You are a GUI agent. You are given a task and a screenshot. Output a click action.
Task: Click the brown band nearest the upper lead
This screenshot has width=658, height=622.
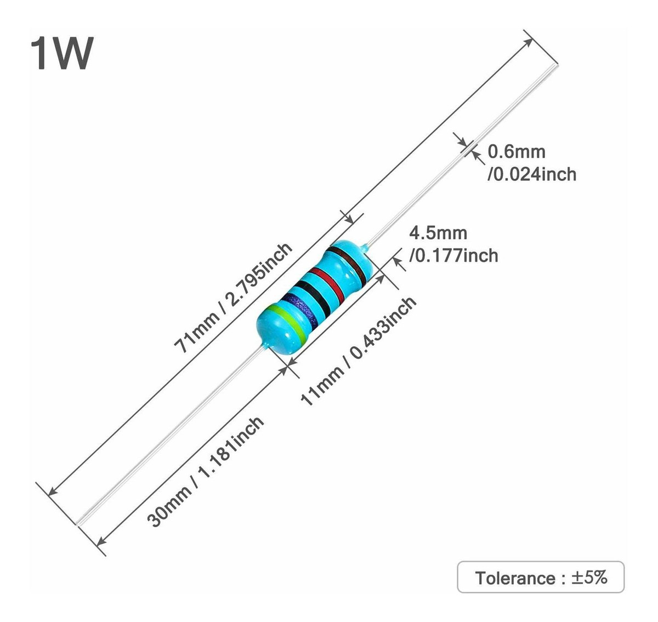tap(349, 262)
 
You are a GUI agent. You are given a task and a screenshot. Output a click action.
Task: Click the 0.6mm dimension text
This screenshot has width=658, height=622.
tap(517, 151)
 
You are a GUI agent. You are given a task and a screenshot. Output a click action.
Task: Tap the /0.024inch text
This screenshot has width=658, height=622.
tap(531, 174)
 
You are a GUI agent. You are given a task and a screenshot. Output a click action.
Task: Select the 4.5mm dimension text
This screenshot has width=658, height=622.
tap(439, 233)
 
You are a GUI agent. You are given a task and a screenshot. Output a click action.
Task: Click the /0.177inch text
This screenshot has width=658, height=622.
tap(453, 255)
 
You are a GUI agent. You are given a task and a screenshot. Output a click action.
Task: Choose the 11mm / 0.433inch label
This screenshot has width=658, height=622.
tap(359, 351)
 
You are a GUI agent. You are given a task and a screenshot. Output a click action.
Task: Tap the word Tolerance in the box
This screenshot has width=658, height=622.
tap(515, 578)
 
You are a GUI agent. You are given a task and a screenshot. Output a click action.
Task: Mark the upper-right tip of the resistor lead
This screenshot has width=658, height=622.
tap(559, 66)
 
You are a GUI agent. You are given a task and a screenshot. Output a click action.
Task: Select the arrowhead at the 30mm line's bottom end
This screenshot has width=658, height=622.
tap(100, 542)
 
